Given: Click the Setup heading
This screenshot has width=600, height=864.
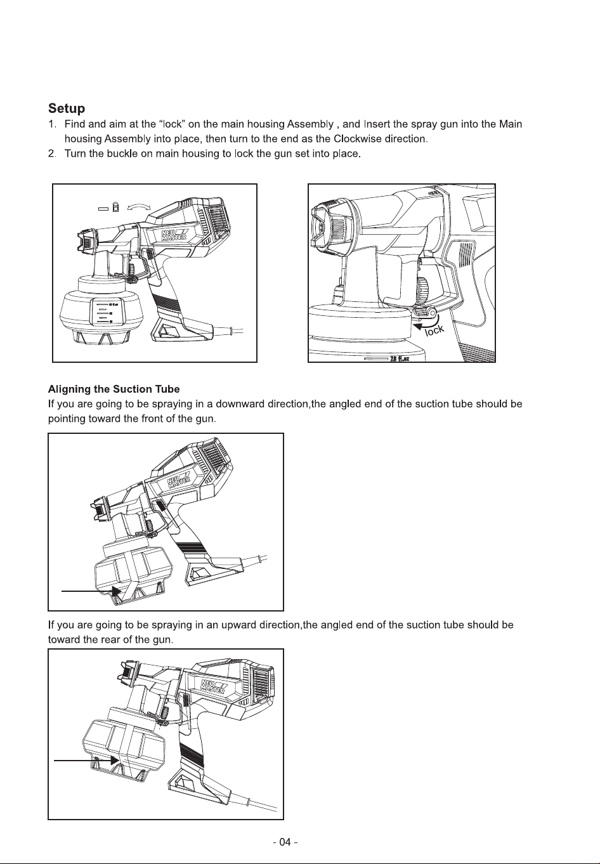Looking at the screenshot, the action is (x=67, y=108).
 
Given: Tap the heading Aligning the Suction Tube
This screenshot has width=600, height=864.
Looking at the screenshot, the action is (x=114, y=389).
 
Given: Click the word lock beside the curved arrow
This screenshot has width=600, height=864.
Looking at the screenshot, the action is (x=434, y=330).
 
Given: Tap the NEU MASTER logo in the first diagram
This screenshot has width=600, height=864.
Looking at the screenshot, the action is (x=174, y=235).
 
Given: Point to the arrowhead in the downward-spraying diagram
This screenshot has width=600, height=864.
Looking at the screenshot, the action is (x=117, y=591).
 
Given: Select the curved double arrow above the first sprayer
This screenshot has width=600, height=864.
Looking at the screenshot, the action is (x=139, y=207).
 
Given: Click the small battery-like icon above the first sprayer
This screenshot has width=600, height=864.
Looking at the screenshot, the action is (x=115, y=207).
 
